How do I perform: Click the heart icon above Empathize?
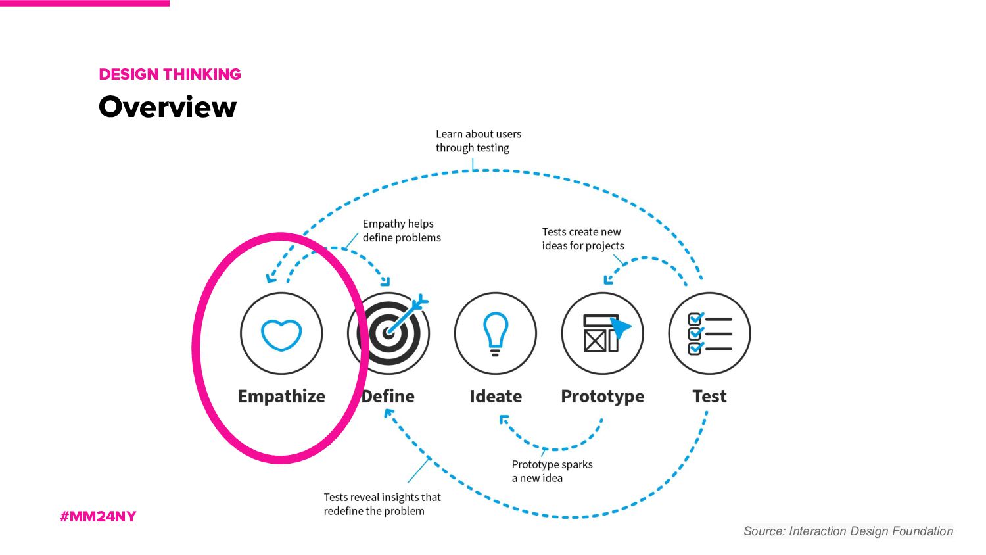pos(281,333)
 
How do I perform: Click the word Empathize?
pos(281,397)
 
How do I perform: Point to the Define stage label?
pos(388,397)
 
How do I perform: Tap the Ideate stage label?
pos(496,397)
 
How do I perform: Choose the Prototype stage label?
pos(603,397)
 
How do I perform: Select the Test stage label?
pos(709,397)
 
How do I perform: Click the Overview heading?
pos(168,107)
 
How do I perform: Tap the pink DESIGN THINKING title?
pos(170,74)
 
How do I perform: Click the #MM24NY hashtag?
pos(98,516)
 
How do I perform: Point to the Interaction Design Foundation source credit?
pos(848,531)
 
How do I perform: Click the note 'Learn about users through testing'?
pos(478,141)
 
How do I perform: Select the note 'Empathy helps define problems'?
pos(401,231)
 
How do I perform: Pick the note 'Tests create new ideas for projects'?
pos(582,239)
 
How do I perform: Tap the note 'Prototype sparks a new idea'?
pos(552,471)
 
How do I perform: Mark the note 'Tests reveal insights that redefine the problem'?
pos(382,504)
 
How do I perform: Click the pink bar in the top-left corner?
pos(85,3)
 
